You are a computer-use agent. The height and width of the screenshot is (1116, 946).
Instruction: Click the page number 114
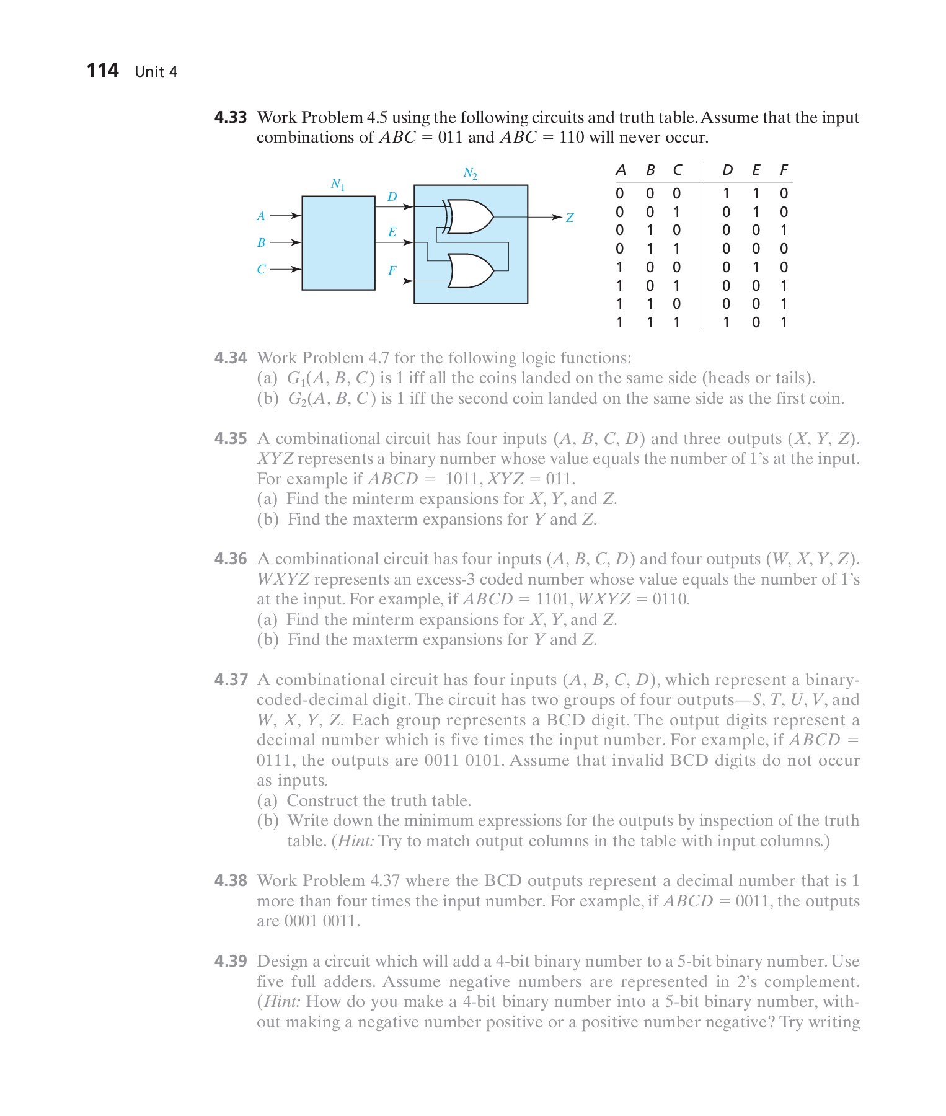pyautogui.click(x=102, y=71)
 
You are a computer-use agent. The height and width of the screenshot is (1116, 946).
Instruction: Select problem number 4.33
pyautogui.click(x=231, y=117)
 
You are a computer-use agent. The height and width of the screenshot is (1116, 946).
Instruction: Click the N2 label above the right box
pyautogui.click(x=471, y=174)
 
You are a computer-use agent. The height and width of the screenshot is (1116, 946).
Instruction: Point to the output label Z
pyautogui.click(x=570, y=218)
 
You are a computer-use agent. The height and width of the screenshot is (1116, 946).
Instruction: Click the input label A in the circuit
pyautogui.click(x=261, y=216)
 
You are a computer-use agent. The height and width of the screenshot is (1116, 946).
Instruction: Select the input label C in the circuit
pyautogui.click(x=261, y=270)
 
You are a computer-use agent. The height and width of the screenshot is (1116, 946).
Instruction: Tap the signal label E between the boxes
pyautogui.click(x=392, y=232)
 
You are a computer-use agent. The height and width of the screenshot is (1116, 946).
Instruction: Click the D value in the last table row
pyautogui.click(x=727, y=322)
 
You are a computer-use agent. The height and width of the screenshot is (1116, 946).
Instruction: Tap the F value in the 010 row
pyautogui.click(x=784, y=231)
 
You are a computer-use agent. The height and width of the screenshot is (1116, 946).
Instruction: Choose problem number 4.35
pyautogui.click(x=231, y=439)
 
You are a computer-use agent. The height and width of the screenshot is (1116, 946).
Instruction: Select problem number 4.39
pyautogui.click(x=231, y=962)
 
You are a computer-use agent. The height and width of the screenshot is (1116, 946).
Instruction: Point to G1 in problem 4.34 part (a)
pyautogui.click(x=295, y=379)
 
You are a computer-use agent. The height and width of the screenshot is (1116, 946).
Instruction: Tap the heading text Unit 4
pyautogui.click(x=156, y=72)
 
